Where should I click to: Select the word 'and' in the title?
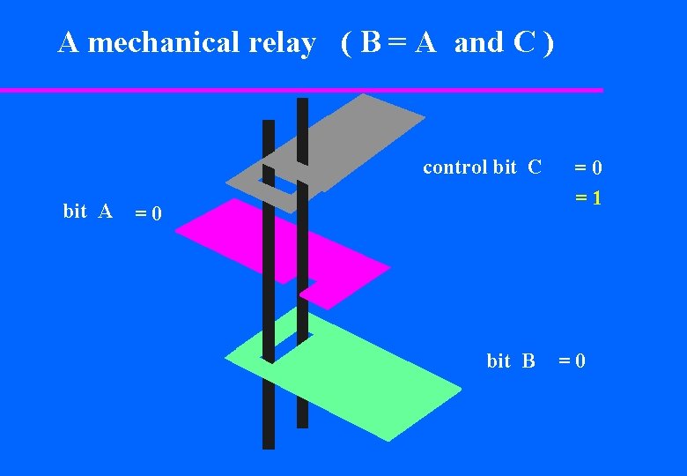(478, 42)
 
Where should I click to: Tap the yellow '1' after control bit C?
(596, 198)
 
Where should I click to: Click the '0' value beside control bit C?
(596, 167)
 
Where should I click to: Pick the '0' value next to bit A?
(155, 213)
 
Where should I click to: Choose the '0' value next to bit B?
(580, 361)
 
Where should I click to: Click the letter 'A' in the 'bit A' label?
(105, 211)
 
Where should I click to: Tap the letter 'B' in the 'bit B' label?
(528, 361)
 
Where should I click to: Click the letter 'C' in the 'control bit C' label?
(535, 167)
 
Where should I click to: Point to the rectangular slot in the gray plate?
(281, 186)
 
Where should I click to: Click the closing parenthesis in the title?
(549, 42)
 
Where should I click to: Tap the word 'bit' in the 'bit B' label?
(499, 361)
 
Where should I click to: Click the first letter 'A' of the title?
(68, 42)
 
